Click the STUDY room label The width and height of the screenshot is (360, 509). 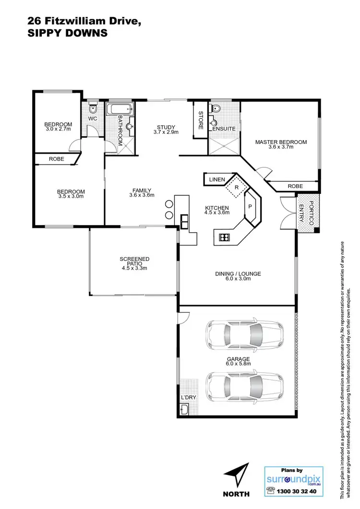pos(166,127)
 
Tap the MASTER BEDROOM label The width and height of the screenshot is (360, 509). pos(281,142)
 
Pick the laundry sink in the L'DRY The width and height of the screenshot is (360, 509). pos(185,409)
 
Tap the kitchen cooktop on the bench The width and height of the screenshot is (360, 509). pos(225,237)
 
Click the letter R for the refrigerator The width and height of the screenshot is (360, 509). pos(236,188)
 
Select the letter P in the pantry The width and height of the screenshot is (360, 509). pos(250,207)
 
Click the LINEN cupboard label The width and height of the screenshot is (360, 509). pos(217,180)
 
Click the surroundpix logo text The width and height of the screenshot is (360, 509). pos(293,478)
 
